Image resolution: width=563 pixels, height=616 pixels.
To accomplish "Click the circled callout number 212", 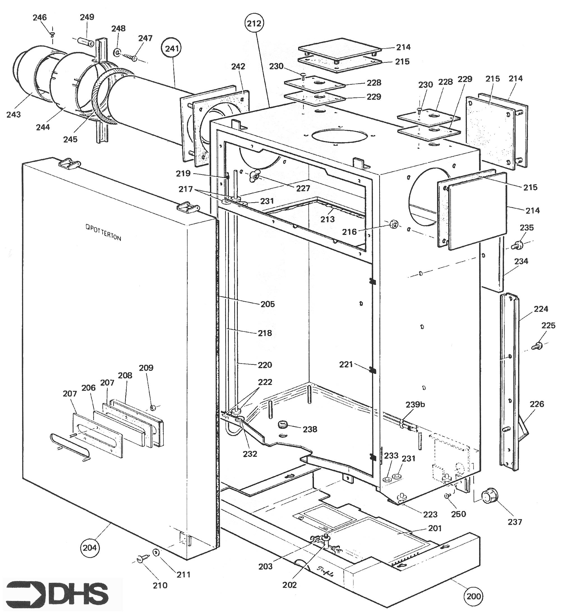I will point(254,23).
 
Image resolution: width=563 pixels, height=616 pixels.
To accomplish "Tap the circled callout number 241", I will point(172,48).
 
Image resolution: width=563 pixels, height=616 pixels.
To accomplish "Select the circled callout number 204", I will point(90,548).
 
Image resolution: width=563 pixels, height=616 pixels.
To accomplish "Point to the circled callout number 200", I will point(474,596).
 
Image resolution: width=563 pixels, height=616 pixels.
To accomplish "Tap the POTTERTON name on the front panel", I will point(103,233).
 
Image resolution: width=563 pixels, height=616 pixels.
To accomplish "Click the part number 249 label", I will point(87,17).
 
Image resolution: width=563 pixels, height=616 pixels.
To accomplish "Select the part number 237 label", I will point(515,522).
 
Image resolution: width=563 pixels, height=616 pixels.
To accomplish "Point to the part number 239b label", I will point(415,405).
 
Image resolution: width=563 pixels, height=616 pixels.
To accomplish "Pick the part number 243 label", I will point(13,115).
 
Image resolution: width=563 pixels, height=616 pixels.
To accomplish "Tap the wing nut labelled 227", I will point(254,176).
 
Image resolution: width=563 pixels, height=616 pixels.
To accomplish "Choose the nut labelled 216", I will point(393,224).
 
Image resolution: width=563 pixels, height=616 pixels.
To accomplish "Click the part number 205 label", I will point(267,304).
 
